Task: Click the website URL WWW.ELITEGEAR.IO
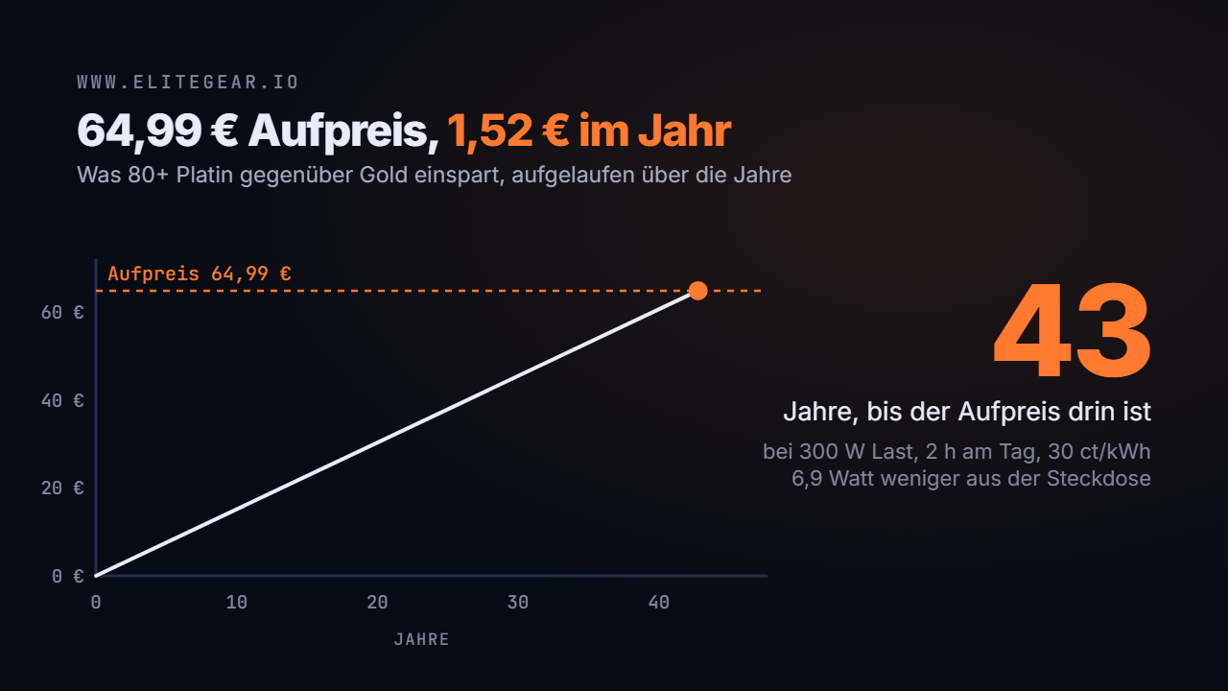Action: (187, 83)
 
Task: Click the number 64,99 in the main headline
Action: (139, 131)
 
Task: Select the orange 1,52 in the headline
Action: (490, 131)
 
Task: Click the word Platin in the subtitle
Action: (205, 175)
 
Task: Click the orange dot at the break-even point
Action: (697, 291)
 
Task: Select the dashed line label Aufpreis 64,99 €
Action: (200, 274)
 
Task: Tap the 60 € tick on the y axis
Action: (62, 313)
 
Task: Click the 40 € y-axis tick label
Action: (62, 401)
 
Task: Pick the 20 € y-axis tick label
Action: (62, 488)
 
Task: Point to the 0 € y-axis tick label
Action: (68, 576)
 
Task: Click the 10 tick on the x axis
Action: (237, 603)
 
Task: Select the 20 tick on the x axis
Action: (378, 603)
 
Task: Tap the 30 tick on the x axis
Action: (518, 603)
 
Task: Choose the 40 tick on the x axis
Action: (659, 603)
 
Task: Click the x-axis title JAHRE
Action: (421, 639)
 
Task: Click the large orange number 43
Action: (1072, 331)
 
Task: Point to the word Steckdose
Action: (1098, 479)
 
